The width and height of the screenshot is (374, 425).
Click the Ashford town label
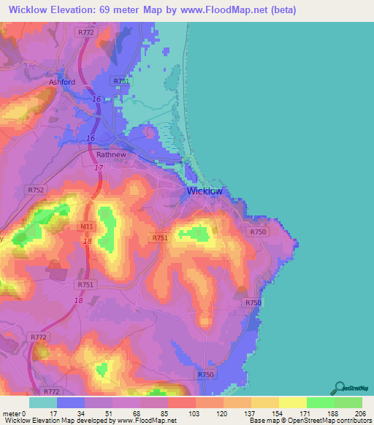click(x=62, y=82)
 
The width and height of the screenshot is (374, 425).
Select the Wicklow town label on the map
click(x=205, y=191)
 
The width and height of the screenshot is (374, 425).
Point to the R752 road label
click(x=36, y=190)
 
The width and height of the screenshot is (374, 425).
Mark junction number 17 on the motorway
click(x=98, y=167)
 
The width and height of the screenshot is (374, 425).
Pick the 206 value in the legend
click(x=358, y=413)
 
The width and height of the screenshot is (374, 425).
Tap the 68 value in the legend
click(x=135, y=413)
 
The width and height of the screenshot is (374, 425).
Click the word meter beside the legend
click(x=11, y=413)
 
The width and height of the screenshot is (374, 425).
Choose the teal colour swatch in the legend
click(x=43, y=402)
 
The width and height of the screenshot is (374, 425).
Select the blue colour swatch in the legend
click(x=71, y=402)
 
